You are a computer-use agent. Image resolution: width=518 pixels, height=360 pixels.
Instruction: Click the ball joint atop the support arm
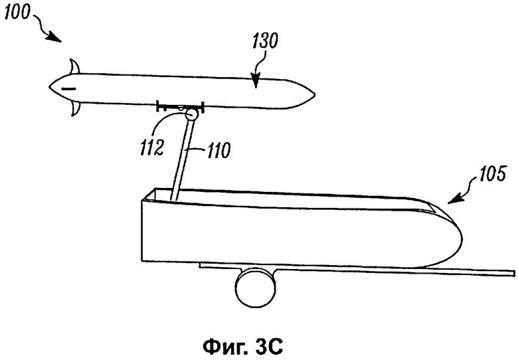click(191, 115)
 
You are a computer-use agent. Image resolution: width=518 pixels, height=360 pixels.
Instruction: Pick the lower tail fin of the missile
click(74, 108)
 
